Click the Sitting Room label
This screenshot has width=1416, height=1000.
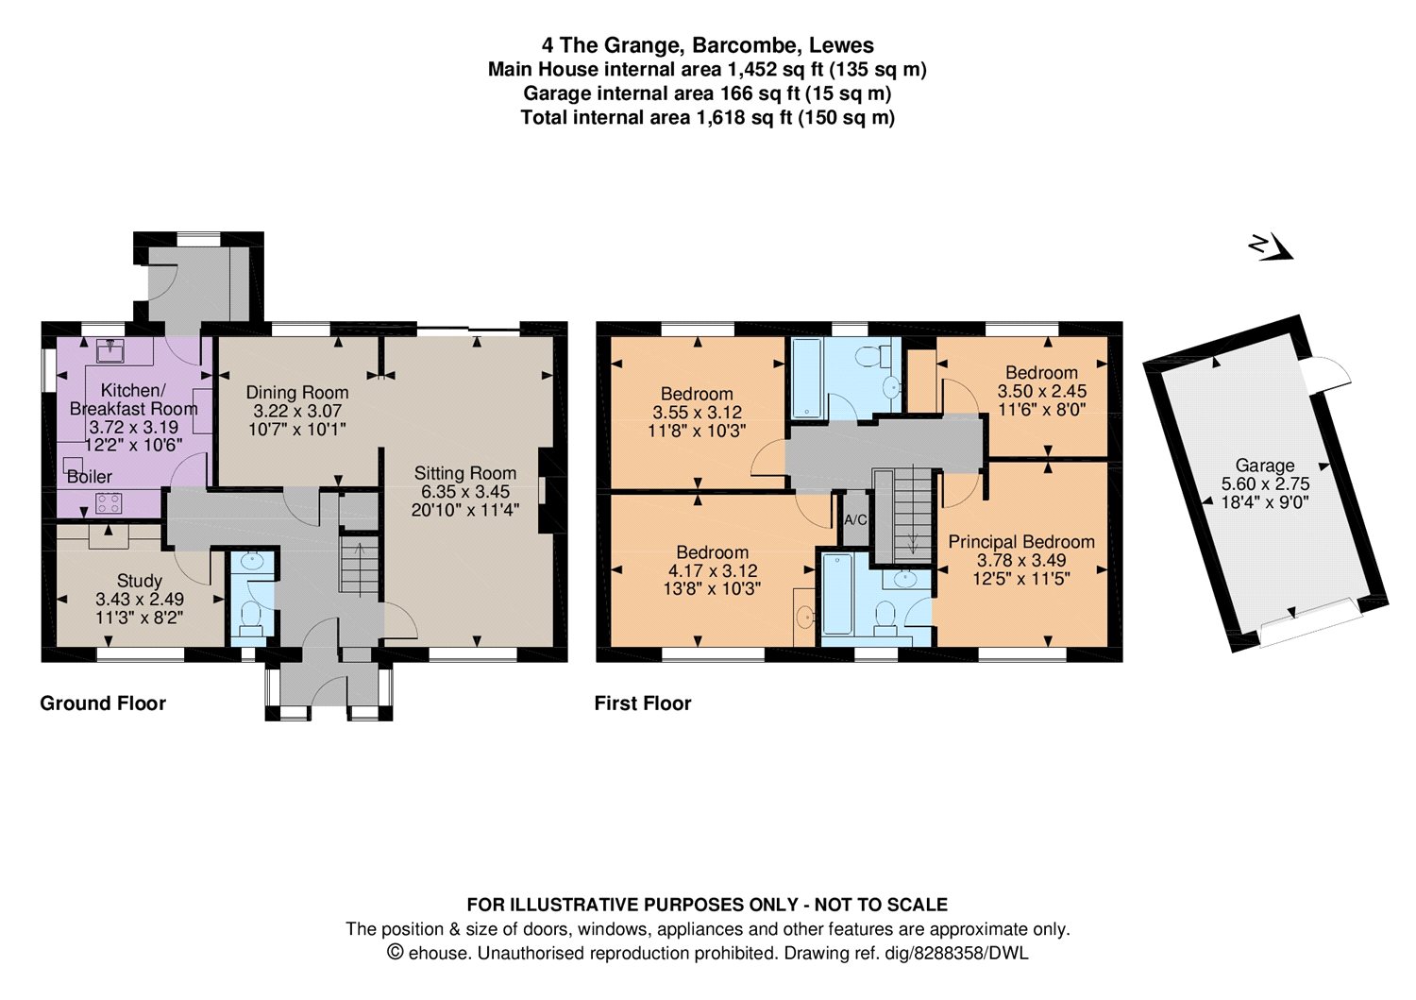(464, 473)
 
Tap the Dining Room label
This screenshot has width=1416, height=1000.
(297, 392)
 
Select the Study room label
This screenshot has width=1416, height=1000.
(140, 581)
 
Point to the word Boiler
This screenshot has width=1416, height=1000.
(90, 477)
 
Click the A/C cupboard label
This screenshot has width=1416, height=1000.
(855, 520)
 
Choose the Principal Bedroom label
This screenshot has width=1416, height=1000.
(1021, 542)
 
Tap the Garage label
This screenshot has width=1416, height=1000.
(1265, 466)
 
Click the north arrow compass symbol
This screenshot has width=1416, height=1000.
(1270, 247)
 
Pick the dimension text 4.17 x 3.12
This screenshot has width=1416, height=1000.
(713, 570)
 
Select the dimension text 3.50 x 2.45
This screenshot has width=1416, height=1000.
(1042, 391)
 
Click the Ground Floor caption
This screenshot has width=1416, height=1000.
(103, 703)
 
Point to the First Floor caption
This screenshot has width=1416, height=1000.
(643, 703)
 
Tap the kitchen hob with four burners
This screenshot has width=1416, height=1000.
(104, 501)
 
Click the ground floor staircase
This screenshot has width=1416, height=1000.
(360, 567)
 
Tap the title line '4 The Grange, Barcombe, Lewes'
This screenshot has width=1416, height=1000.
(708, 44)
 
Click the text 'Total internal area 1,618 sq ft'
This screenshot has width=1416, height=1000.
(656, 118)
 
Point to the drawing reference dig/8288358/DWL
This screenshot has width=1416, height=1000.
(970, 954)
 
